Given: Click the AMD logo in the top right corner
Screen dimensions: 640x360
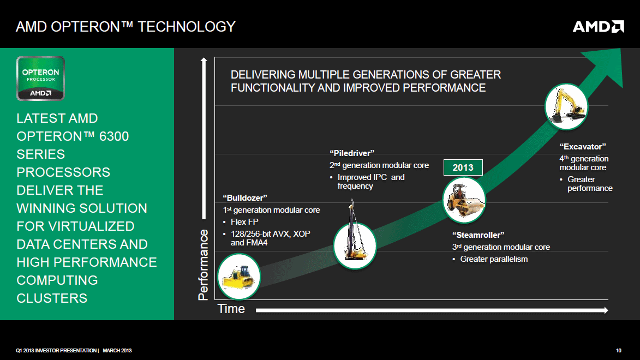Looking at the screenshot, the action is coord(599,27).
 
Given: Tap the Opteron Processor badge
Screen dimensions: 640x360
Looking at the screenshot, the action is coord(40,79).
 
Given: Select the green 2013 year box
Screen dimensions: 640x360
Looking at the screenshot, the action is coord(463,167).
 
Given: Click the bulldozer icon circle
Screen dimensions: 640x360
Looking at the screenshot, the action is coord(239,277).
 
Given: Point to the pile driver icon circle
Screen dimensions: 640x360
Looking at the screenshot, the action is coord(355,245).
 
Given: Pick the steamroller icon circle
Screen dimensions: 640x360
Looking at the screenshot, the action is coord(464,200).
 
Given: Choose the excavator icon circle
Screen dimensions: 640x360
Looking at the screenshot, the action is coord(566,106).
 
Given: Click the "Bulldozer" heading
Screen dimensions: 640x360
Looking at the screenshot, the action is coord(245,198).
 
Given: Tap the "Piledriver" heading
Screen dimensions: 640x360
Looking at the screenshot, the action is coord(352,153).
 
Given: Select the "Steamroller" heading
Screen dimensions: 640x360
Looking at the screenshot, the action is coord(478,235).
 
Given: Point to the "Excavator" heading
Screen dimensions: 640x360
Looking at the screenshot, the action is coord(583,147).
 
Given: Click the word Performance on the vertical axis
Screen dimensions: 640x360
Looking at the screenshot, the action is coord(204,265).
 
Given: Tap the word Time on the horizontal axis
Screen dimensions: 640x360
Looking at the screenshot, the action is coord(231,309).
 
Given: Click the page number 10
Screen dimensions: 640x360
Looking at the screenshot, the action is coord(619,351).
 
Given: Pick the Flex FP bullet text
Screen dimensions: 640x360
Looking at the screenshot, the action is coord(244,221).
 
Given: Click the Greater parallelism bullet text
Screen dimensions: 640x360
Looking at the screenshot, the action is coord(494,259).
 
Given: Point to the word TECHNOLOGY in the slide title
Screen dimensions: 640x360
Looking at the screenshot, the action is coord(187,27).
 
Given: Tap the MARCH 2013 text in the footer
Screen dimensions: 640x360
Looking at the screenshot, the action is coord(117,351).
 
